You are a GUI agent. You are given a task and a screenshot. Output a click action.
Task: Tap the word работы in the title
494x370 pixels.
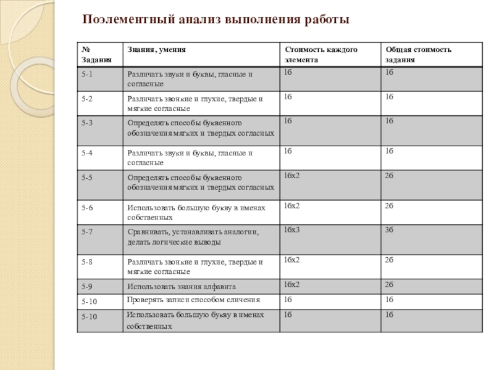pos(326,20)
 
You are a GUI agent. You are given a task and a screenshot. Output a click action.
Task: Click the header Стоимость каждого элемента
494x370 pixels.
pos(320,54)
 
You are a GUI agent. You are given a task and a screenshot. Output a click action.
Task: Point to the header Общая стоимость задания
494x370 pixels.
pos(419,54)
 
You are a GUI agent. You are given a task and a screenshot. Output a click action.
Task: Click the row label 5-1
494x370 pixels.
pos(87,73)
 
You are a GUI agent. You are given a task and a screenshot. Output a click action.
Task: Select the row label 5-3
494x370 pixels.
pos(87,123)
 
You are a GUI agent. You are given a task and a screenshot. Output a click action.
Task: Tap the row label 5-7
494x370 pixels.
pos(87,231)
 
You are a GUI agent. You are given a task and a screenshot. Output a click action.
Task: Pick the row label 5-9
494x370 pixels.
pos(87,286)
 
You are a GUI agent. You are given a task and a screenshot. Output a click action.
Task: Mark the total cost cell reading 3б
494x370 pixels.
pos(389,229)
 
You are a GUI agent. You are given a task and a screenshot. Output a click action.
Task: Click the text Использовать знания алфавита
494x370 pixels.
pos(182,286)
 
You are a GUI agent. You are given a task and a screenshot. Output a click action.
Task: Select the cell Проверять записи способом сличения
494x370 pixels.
pos(193,300)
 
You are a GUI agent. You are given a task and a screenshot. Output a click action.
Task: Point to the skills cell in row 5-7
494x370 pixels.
pos(193,237)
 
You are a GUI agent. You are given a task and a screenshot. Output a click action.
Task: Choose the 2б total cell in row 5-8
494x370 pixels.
pos(389,260)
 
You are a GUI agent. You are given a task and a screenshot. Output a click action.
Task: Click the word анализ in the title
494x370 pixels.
pos(196,20)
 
